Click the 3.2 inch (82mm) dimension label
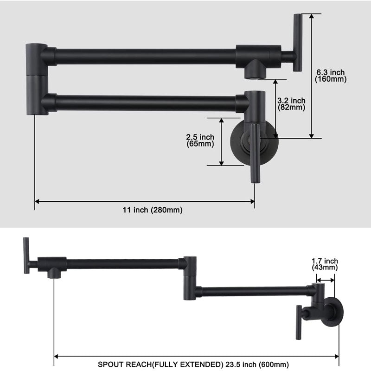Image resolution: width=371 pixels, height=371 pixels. [291, 104]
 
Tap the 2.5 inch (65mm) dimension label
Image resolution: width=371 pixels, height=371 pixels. [200, 140]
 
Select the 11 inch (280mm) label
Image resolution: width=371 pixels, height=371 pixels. [153, 210]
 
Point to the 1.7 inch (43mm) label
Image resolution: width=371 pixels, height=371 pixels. [325, 264]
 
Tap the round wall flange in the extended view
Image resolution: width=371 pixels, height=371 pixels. [334, 310]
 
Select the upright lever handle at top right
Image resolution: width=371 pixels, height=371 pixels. [297, 43]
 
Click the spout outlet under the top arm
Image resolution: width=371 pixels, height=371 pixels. [255, 70]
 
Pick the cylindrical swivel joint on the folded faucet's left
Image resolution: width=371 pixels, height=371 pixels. [36, 79]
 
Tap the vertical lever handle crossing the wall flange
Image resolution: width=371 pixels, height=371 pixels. [254, 153]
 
